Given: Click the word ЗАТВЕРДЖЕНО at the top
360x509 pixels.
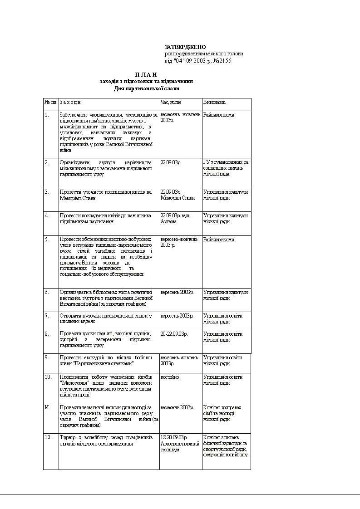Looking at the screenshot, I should tap(185, 47).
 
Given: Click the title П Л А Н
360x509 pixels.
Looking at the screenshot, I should tap(146, 74).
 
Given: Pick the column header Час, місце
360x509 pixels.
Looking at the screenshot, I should tap(171, 103).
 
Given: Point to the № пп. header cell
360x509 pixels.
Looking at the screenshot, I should tap(50, 103).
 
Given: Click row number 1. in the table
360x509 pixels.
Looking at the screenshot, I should tap(47, 115).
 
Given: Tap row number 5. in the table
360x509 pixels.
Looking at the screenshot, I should tap(47, 239).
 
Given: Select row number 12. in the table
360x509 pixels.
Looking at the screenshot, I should tap(48, 437).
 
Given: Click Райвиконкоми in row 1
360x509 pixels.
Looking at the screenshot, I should tap(219, 115).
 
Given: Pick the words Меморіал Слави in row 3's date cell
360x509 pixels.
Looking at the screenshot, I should tap(178, 198).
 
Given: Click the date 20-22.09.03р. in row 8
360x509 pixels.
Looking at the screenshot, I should tap(174, 334).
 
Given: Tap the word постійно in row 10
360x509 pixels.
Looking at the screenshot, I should tap(170, 377).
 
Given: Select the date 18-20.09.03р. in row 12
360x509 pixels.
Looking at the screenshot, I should tap(174, 437).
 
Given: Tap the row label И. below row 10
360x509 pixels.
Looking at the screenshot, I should tap(47, 407).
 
